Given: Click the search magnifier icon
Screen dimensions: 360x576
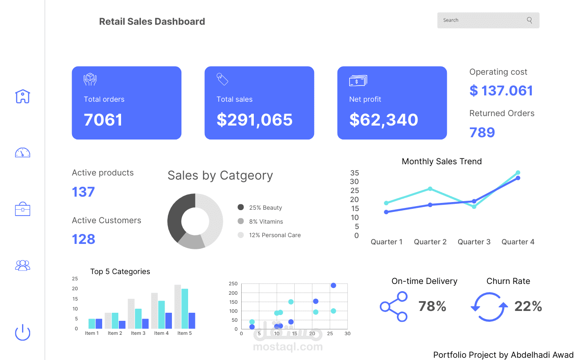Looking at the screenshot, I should tap(529, 20).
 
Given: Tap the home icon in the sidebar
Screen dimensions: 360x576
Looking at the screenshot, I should tap(22, 96).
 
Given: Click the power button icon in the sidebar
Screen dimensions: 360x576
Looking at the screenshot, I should tap(22, 333).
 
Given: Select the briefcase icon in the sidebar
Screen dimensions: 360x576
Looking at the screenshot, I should tap(22, 209).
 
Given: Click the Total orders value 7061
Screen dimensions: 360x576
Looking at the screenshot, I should tap(103, 120).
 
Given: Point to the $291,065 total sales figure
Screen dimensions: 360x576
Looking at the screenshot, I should tap(255, 120).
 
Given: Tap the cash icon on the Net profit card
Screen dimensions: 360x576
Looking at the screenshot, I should tap(358, 81).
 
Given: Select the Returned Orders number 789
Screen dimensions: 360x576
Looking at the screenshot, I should tap(482, 132).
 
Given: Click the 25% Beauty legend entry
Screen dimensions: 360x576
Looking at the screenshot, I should tap(265, 207).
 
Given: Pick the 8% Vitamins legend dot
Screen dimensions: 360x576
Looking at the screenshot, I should tap(241, 221).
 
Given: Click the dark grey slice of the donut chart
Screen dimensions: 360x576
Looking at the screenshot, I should tap(177, 216).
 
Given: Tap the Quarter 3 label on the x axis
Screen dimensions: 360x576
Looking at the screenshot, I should tap(474, 242).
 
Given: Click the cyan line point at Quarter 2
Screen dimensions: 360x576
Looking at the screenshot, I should tap(430, 189).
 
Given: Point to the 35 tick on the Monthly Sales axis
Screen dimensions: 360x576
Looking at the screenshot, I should tap(355, 173).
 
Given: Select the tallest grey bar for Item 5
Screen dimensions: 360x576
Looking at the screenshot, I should tap(178, 306).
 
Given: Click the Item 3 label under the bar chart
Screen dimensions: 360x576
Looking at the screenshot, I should tap(138, 333).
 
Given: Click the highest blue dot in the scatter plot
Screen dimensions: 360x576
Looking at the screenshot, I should tap(333, 285).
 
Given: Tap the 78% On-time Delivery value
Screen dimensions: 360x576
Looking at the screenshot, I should tap(432, 306).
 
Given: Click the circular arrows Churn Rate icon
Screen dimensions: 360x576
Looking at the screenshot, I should tap(489, 307).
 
